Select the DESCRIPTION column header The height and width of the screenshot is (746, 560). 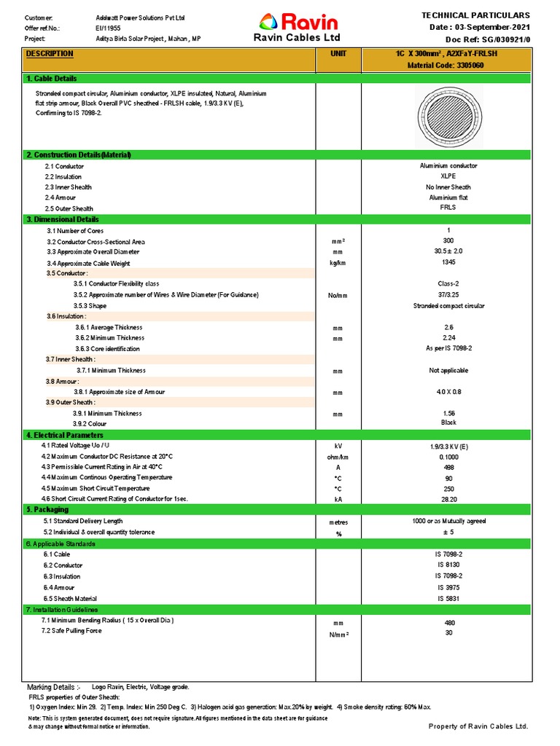pyautogui.click(x=50, y=54)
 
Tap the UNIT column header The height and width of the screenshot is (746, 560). pyautogui.click(x=338, y=54)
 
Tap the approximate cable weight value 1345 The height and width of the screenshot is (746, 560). pyautogui.click(x=448, y=262)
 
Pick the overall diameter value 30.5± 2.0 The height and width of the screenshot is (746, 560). pyautogui.click(x=448, y=251)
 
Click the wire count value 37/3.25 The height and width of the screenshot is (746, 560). pyautogui.click(x=448, y=295)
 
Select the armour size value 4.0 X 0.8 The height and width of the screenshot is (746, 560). pyautogui.click(x=448, y=392)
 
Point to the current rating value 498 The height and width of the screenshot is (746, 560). pyautogui.click(x=448, y=467)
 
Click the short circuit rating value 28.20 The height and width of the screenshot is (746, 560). pyautogui.click(x=448, y=499)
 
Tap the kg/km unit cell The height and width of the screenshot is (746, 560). pyautogui.click(x=338, y=263)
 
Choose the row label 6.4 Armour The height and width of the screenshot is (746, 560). pyautogui.click(x=59, y=587)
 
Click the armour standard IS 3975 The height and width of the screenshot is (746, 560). pyautogui.click(x=448, y=587)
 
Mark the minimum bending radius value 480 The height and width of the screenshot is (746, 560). pyautogui.click(x=448, y=623)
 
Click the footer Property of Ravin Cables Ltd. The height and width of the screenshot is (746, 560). pyautogui.click(x=478, y=726)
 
